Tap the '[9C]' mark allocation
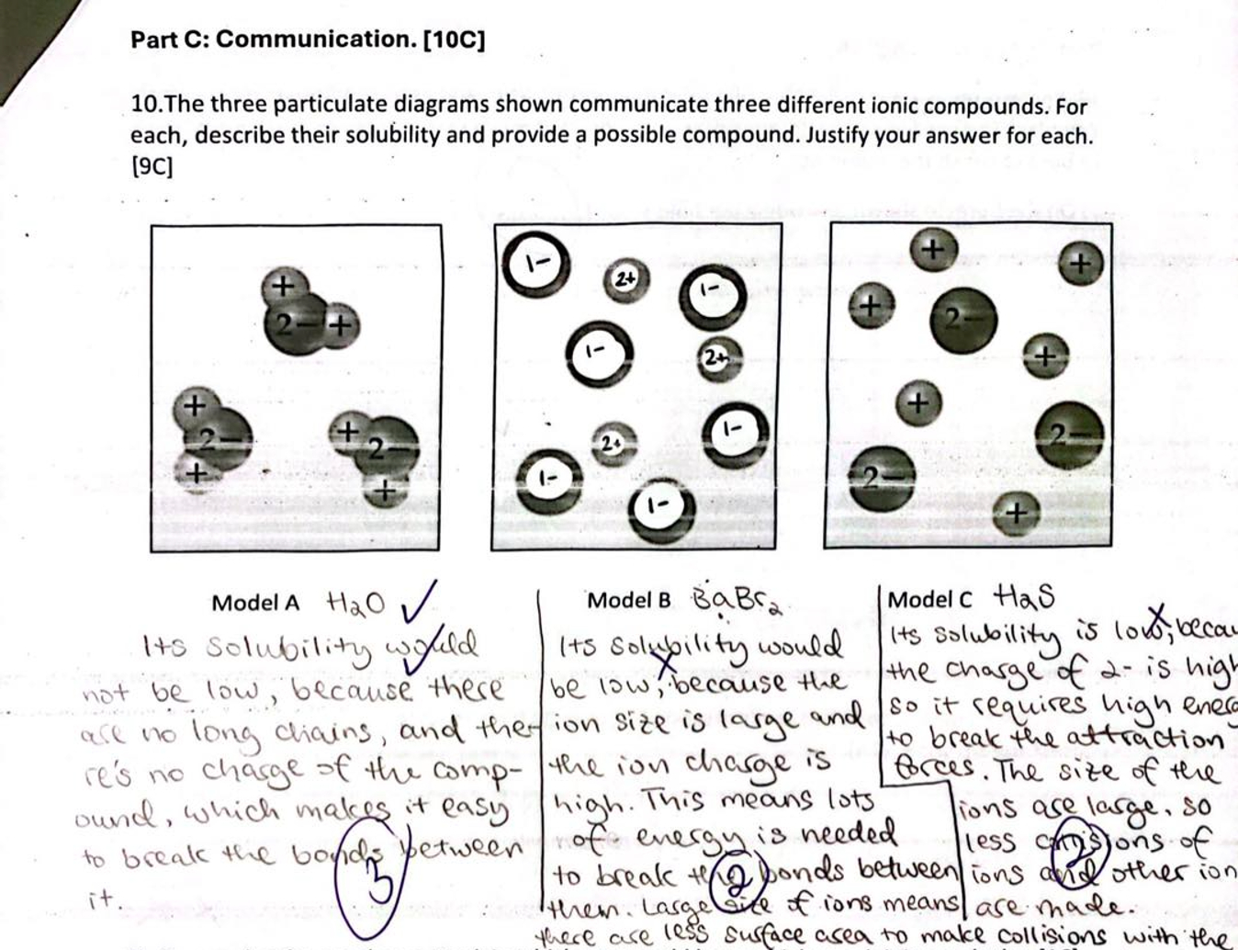152,166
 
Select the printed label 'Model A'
254,603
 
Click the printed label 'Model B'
628,600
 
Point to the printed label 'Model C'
928,600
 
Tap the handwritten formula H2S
1023,597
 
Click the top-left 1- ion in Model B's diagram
535,265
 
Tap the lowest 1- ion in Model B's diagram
660,508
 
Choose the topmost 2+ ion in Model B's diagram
626,277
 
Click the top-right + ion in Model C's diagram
1080,265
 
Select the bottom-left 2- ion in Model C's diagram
881,477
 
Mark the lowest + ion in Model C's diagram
1015,513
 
